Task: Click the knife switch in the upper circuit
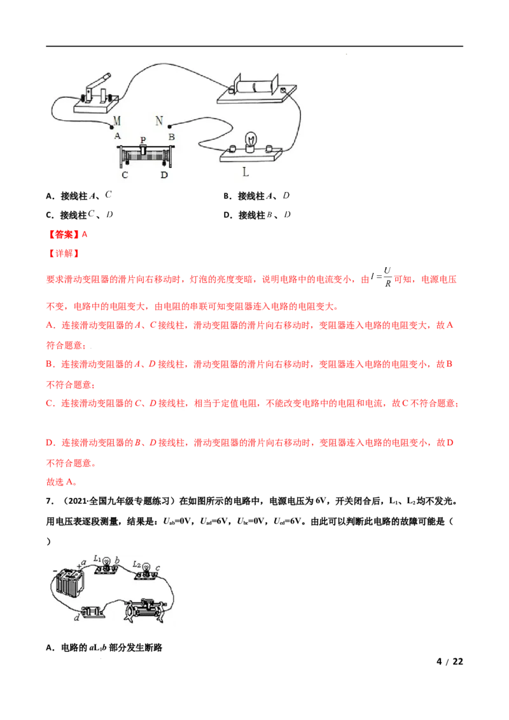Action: [x=97, y=95]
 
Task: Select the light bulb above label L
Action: [x=251, y=141]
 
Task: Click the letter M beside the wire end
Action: [x=116, y=121]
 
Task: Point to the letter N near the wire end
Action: [x=159, y=121]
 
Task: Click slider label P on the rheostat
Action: [x=143, y=139]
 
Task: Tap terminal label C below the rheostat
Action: [x=125, y=175]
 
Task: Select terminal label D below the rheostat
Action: [x=164, y=175]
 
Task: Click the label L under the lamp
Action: [x=246, y=172]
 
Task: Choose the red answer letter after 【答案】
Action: [x=85, y=234]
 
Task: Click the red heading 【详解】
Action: [x=64, y=254]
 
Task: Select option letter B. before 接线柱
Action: [x=228, y=196]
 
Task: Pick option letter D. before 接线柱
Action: [x=228, y=215]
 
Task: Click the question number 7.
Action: [x=50, y=501]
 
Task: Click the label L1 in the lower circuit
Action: [x=97, y=559]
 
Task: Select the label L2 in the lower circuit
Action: [x=136, y=564]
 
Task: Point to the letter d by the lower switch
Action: [x=77, y=618]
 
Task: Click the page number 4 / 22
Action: [x=450, y=661]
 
